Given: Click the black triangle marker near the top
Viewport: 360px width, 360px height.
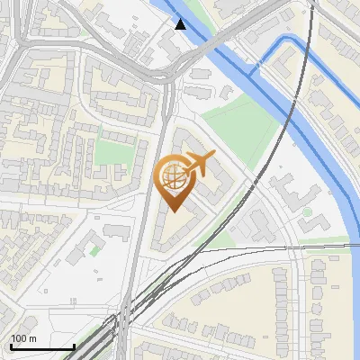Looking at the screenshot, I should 181,24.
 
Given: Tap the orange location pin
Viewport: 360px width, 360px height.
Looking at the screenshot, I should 173,184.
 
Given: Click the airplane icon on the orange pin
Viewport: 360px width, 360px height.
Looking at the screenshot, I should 199,164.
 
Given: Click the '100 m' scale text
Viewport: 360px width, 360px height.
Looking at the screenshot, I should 23,338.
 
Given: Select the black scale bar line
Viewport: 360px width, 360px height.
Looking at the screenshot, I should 41,347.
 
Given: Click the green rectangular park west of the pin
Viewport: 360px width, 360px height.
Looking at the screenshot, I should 112,151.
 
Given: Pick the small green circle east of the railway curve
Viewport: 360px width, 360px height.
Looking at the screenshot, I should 307,212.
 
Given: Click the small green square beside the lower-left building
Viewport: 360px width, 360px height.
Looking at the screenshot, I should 94,251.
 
